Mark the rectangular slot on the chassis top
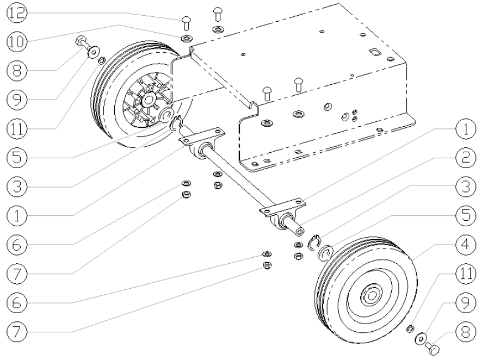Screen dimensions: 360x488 375,51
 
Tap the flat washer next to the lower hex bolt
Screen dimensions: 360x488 421,338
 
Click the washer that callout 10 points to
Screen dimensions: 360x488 186,39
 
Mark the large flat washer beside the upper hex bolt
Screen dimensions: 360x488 94,52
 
